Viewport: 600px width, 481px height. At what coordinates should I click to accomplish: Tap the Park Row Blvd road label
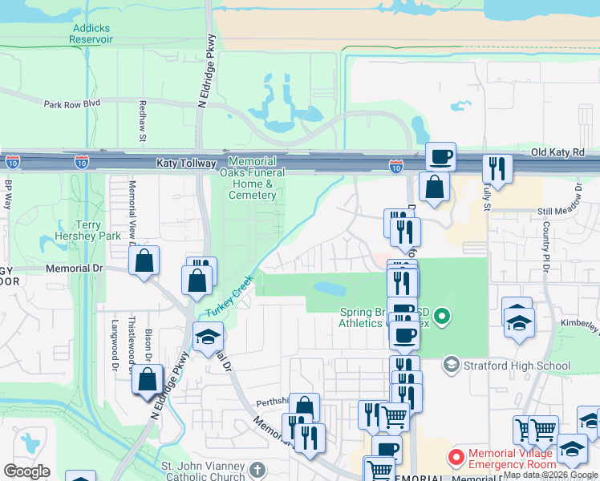(71, 103)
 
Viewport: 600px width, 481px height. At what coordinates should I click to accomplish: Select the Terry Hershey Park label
(99, 230)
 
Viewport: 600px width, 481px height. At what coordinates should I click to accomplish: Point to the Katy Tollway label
(187, 163)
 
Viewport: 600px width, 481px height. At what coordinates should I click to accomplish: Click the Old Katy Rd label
(557, 152)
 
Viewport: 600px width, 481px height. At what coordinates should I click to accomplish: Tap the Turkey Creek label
(229, 296)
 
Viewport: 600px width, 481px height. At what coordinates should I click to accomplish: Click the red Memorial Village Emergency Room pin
(456, 458)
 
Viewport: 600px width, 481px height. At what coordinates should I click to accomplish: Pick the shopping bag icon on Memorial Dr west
(144, 260)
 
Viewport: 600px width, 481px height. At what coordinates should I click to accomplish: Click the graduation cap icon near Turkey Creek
(207, 336)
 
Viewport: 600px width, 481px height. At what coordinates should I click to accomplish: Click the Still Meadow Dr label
(560, 212)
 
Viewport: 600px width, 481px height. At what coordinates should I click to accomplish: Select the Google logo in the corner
(26, 471)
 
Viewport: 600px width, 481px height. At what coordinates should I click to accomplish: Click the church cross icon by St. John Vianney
(257, 470)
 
